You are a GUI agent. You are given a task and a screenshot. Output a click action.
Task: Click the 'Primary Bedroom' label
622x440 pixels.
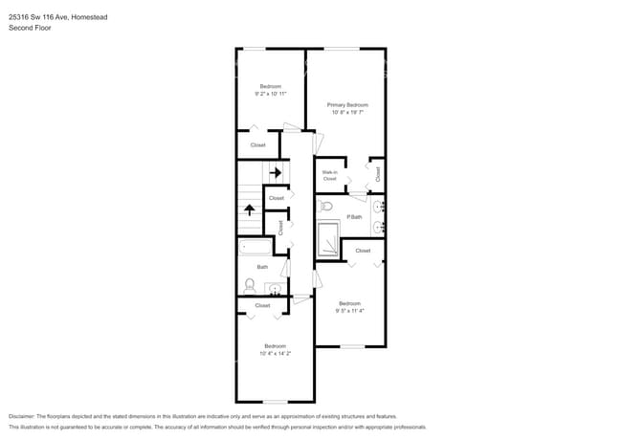click(x=347, y=104)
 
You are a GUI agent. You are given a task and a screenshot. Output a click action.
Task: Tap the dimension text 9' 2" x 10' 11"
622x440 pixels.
click(x=271, y=94)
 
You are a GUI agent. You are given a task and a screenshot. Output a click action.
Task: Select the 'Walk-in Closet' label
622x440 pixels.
click(x=329, y=175)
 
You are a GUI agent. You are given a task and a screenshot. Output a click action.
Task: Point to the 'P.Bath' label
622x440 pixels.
click(x=354, y=217)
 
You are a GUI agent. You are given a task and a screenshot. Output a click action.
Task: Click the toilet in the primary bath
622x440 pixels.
click(x=325, y=206)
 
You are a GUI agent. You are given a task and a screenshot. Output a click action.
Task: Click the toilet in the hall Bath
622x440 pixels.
click(x=250, y=285)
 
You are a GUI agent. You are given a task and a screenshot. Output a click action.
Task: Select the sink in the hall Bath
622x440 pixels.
click(x=275, y=288)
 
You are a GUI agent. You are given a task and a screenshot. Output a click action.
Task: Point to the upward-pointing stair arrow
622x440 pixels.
click(x=250, y=209)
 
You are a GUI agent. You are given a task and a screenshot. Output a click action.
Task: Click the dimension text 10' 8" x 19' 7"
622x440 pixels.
click(x=347, y=112)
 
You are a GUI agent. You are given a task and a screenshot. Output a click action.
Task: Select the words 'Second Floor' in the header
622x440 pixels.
click(x=30, y=28)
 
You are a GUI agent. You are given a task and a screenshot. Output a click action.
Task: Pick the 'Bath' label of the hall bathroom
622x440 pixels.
click(x=262, y=267)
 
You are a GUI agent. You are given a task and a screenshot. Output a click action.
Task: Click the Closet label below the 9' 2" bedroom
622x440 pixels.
click(x=258, y=145)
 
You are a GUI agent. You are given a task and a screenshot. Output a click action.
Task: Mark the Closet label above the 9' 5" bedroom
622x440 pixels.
click(x=363, y=251)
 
